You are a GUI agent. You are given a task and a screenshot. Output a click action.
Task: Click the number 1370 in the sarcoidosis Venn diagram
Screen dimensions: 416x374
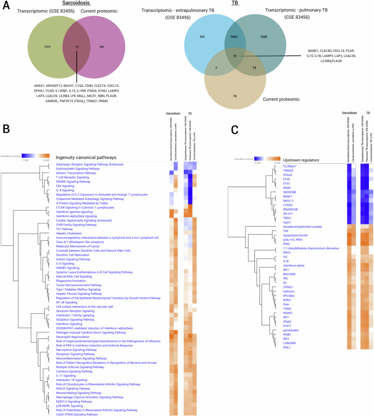pyautogui.click(x=46, y=47)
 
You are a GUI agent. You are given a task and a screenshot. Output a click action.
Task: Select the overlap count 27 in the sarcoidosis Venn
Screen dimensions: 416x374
pyautogui.click(x=77, y=47)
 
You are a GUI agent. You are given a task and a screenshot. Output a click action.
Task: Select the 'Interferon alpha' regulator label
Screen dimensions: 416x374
pyautogui.click(x=295, y=265)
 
